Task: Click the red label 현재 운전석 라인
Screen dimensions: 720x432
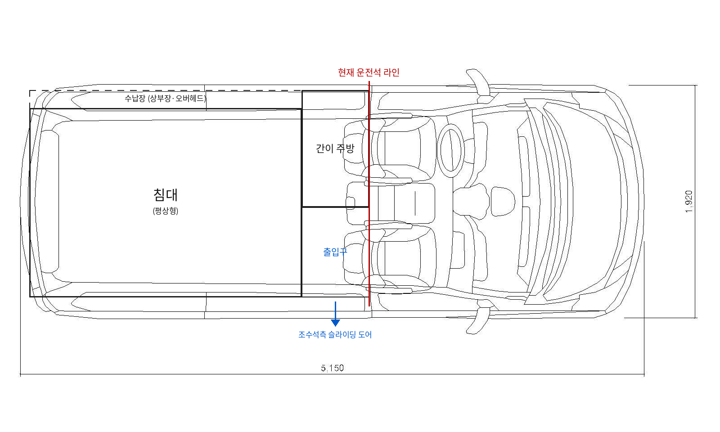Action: pos(369,72)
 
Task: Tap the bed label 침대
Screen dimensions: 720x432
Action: pos(165,195)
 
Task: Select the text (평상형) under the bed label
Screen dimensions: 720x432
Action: pos(165,211)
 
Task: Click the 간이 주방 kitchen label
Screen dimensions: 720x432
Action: pos(335,148)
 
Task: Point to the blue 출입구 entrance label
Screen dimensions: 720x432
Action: pos(335,252)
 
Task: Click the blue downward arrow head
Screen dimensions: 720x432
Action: pos(335,323)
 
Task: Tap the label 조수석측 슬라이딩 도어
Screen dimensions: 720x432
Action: pos(335,335)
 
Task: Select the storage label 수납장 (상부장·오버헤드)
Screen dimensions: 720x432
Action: pos(165,98)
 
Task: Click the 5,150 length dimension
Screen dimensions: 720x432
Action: pos(333,368)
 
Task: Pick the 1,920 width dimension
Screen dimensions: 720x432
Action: pos(689,202)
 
